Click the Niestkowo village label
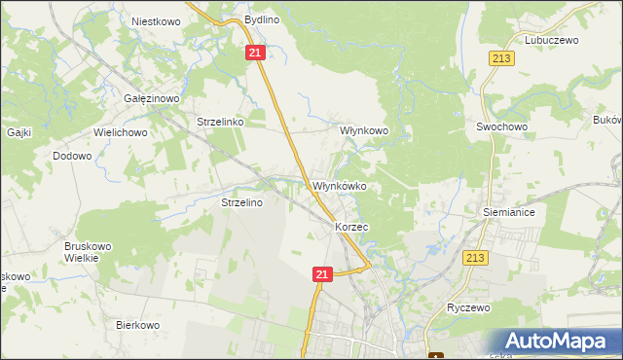[x=156, y=19]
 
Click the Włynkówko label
[x=338, y=186]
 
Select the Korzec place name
[x=351, y=226]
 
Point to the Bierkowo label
[x=137, y=325]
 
